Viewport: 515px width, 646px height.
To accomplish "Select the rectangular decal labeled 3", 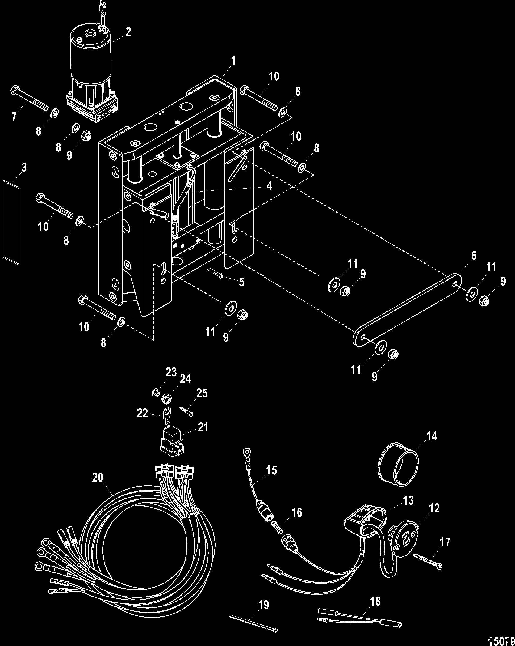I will click(x=12, y=223).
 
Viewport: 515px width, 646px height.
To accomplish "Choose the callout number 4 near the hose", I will click(x=269, y=186).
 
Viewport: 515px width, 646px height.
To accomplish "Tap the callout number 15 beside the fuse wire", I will click(x=271, y=470).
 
